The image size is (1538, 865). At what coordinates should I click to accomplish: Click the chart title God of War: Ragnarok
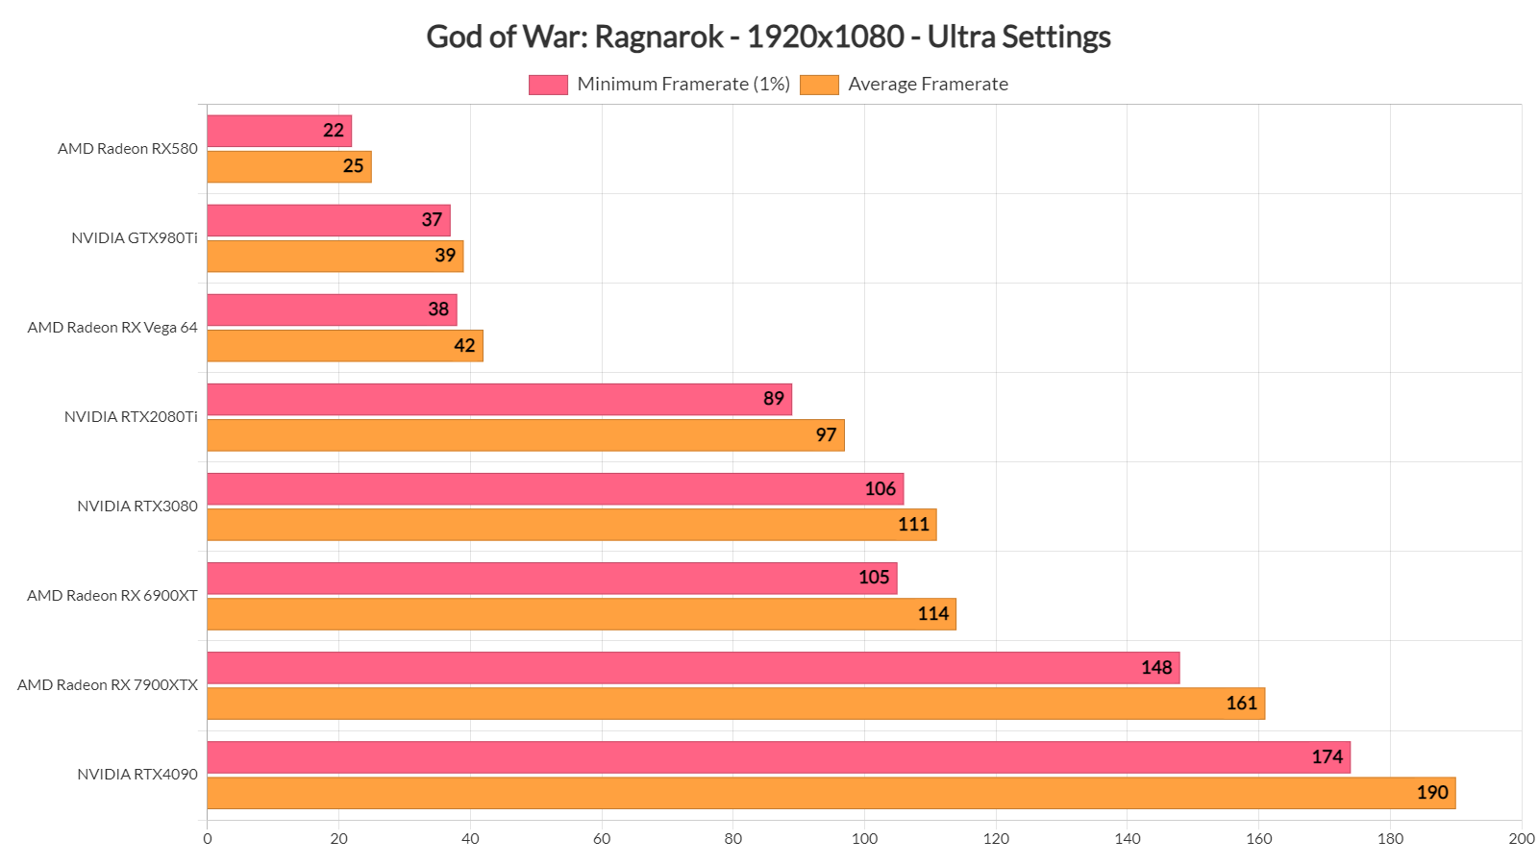pyautogui.click(x=768, y=37)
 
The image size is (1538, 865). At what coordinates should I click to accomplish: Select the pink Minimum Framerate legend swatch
pyautogui.click(x=548, y=85)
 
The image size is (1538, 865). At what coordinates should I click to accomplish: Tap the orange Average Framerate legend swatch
pyautogui.click(x=819, y=85)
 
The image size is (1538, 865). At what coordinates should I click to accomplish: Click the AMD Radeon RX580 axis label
pyautogui.click(x=128, y=149)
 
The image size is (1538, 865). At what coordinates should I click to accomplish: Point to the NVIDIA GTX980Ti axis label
pyautogui.click(x=135, y=238)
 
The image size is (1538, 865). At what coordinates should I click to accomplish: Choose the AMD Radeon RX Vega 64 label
pyautogui.click(x=112, y=328)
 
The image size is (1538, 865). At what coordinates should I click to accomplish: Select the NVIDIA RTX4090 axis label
pyautogui.click(x=137, y=775)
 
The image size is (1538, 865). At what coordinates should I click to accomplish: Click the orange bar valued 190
pyautogui.click(x=831, y=793)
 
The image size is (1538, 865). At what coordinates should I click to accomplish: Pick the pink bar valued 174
pyautogui.click(x=779, y=757)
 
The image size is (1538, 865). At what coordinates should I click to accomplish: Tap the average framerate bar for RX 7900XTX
pyautogui.click(x=735, y=704)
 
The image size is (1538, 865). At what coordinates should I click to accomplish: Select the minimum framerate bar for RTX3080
pyautogui.click(x=555, y=489)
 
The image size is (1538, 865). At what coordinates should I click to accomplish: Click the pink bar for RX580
pyautogui.click(x=279, y=131)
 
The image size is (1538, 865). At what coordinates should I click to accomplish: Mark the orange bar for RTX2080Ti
pyautogui.click(x=525, y=435)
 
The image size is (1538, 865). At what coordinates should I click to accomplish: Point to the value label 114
pyautogui.click(x=932, y=614)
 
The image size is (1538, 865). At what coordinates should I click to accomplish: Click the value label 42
pyautogui.click(x=464, y=346)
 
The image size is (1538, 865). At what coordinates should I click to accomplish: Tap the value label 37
pyautogui.click(x=432, y=220)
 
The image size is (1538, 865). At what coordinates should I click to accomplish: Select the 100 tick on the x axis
pyautogui.click(x=864, y=839)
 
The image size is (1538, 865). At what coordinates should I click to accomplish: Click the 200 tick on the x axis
pyautogui.click(x=1521, y=839)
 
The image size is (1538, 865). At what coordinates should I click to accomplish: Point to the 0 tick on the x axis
pyautogui.click(x=208, y=839)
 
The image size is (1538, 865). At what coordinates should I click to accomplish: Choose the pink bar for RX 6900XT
pyautogui.click(x=552, y=579)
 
